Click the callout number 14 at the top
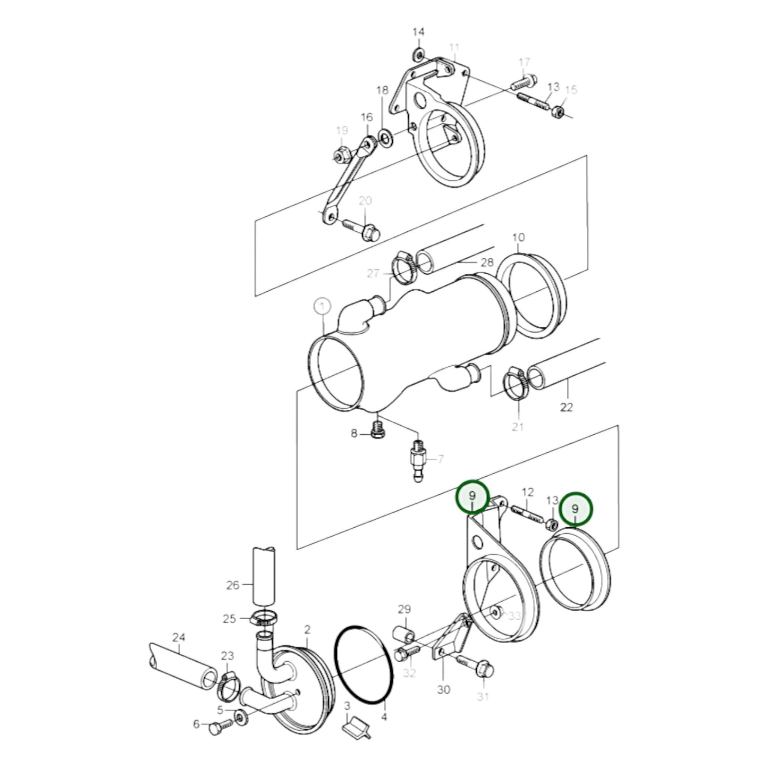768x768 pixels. tap(418, 32)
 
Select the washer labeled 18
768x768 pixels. tap(384, 139)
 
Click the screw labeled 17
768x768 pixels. tap(523, 83)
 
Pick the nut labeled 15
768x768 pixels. tap(558, 112)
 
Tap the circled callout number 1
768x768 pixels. tap(322, 307)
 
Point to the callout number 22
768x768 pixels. tap(567, 407)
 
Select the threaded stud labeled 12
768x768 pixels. tap(526, 514)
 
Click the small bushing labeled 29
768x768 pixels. tap(404, 634)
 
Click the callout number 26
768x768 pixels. tap(233, 586)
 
